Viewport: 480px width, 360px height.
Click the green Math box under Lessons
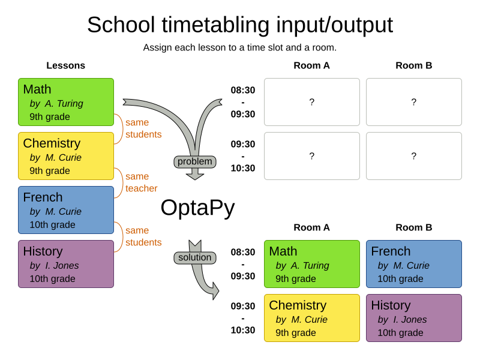(66, 102)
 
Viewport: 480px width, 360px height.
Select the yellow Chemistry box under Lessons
(66, 156)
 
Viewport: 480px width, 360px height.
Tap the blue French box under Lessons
(66, 210)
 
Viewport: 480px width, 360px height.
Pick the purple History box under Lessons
(66, 264)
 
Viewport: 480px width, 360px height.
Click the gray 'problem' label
(194, 161)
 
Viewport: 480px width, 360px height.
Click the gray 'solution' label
(194, 257)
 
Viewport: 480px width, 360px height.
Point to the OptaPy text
(197, 208)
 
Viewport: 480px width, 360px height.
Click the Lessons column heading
(65, 65)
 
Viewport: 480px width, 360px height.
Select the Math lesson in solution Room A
(311, 264)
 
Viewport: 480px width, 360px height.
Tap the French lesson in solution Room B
(413, 264)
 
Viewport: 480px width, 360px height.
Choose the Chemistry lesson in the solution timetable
(311, 318)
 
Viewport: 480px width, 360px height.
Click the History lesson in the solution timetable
(413, 318)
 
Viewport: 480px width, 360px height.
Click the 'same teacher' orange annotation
(141, 182)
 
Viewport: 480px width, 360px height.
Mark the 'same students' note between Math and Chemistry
(143, 128)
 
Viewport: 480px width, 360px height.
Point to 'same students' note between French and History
(143, 236)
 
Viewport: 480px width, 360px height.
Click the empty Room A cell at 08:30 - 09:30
(311, 102)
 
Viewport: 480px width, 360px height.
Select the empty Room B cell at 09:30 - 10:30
(413, 156)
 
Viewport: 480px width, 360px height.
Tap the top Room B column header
(413, 65)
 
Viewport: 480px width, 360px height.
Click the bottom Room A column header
(311, 227)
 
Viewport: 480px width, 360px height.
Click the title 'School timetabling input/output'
(240, 25)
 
